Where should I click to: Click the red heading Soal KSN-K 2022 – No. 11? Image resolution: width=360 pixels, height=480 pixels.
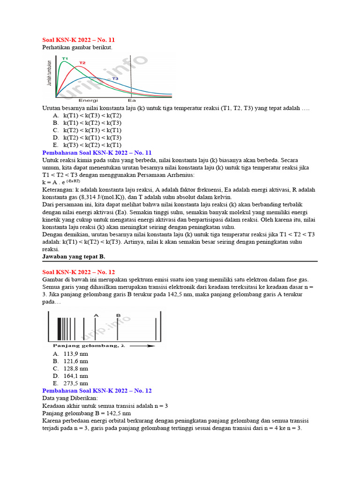[x=78, y=40]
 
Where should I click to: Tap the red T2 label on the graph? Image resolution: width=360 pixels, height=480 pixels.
[x=82, y=62]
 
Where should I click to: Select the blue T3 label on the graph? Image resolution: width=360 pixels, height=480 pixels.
[x=114, y=79]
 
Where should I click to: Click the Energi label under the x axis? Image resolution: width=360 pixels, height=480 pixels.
[x=88, y=100]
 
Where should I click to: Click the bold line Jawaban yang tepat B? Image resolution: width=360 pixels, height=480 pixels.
[x=74, y=257]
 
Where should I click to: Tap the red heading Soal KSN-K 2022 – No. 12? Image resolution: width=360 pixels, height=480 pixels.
[x=78, y=272]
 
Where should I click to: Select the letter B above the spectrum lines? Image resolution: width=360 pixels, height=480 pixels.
[x=118, y=315]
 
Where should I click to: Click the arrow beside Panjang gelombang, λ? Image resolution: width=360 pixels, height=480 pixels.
[x=142, y=346]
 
